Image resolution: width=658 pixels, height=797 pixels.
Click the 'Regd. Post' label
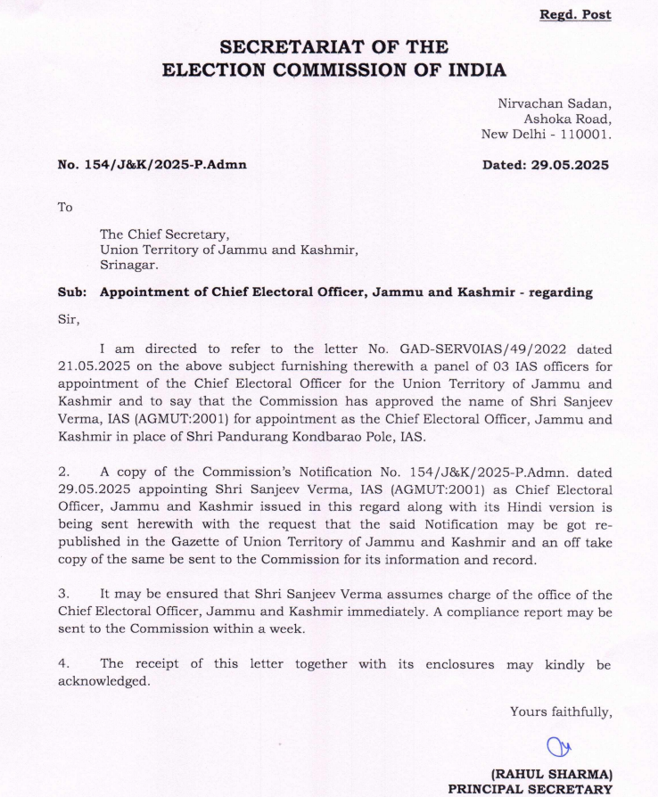[x=575, y=15]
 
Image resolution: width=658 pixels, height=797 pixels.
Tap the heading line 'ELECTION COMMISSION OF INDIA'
[x=333, y=70]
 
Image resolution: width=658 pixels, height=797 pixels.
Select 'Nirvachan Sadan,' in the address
[x=554, y=103]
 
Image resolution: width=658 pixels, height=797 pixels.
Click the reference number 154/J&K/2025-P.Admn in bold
[x=152, y=165]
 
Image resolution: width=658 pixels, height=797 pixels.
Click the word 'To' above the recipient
[x=65, y=207]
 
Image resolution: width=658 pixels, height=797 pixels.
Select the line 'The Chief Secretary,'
[x=165, y=234]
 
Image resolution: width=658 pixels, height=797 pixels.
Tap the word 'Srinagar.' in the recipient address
[x=130, y=265]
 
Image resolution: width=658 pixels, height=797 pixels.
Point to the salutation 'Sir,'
[x=68, y=318]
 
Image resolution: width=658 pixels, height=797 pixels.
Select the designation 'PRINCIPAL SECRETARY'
[x=530, y=788]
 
